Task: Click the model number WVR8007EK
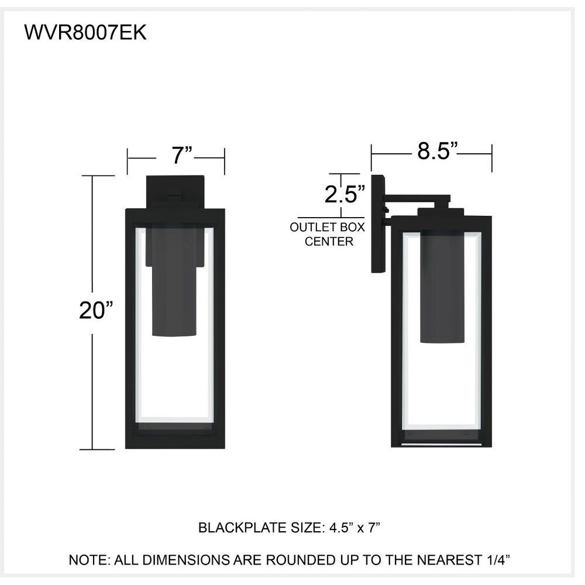85,33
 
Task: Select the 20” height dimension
96,310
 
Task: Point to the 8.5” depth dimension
437,151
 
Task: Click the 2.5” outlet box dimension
345,194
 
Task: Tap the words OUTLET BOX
327,227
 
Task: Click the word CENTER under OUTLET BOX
329,242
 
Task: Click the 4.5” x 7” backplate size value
355,528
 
